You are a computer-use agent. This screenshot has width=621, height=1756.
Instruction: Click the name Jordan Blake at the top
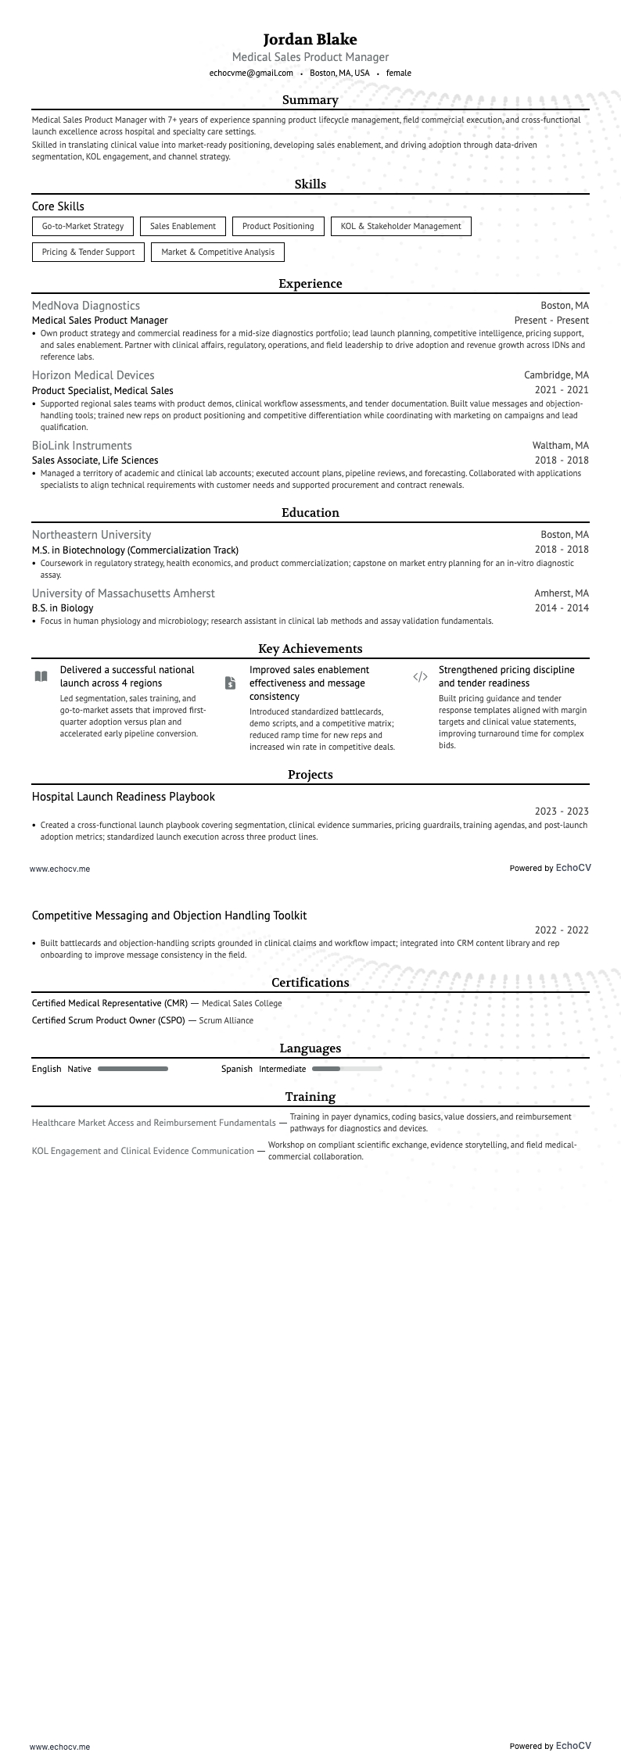click(310, 39)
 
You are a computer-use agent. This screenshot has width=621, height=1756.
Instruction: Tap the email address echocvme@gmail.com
click(251, 73)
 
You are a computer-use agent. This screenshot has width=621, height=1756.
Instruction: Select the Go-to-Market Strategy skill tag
click(83, 226)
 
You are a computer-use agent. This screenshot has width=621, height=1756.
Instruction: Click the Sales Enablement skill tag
click(182, 226)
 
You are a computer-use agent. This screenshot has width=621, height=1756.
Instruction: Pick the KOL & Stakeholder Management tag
click(400, 226)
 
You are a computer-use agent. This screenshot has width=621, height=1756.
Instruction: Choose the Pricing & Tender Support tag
click(88, 252)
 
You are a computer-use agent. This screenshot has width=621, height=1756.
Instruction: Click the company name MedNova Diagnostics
click(86, 306)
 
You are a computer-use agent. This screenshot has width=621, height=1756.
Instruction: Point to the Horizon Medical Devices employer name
click(93, 375)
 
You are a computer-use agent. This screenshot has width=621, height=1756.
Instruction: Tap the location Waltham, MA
click(560, 446)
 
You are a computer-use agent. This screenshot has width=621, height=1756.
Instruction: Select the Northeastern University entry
click(92, 535)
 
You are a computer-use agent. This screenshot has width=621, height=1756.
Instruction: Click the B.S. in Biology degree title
click(63, 607)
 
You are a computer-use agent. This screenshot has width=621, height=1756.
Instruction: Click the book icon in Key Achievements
click(41, 676)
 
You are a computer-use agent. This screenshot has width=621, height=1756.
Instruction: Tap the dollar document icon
click(230, 683)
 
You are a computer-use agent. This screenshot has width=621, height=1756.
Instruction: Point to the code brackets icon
click(420, 676)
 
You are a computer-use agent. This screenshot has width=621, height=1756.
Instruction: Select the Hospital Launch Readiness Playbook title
click(124, 797)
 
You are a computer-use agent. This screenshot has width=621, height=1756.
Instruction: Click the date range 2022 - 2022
click(562, 930)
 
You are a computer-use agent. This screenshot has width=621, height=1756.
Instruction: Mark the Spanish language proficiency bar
click(346, 1069)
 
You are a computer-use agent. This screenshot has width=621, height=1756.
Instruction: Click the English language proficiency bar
click(133, 1069)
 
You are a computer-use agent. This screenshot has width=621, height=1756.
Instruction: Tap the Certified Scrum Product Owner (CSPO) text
click(109, 1020)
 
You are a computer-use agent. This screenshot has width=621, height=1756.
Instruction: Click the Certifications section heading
click(310, 983)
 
